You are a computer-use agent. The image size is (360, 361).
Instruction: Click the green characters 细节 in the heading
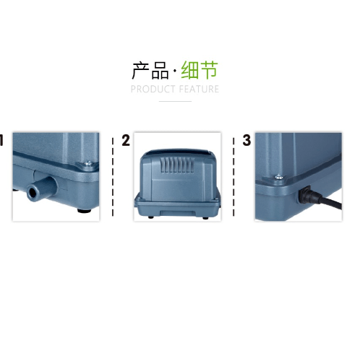(200, 70)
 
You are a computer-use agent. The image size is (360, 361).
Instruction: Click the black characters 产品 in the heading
(150, 70)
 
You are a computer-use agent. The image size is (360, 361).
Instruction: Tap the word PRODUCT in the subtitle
(153, 89)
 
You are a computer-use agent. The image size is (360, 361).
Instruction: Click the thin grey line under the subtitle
(175, 101)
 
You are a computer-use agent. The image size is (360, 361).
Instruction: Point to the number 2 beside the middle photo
(126, 140)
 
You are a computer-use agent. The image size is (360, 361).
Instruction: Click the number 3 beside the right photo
(247, 140)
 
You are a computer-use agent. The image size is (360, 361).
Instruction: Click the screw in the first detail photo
(89, 163)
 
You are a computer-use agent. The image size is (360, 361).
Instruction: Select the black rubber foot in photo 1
(84, 211)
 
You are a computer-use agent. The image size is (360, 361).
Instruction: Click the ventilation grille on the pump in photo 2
(177, 165)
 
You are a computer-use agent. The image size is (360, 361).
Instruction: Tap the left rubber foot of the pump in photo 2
(151, 217)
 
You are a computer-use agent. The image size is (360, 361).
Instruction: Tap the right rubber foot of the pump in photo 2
(205, 218)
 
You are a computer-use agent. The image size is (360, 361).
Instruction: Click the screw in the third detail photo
(279, 177)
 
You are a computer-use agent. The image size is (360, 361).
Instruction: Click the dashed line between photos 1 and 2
(113, 177)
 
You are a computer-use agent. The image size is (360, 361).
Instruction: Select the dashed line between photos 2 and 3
(233, 177)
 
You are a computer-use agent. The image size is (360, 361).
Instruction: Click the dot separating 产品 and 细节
(175, 71)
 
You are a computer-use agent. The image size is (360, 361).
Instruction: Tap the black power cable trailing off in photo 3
(330, 203)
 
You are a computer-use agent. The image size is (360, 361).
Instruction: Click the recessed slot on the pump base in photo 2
(177, 213)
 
